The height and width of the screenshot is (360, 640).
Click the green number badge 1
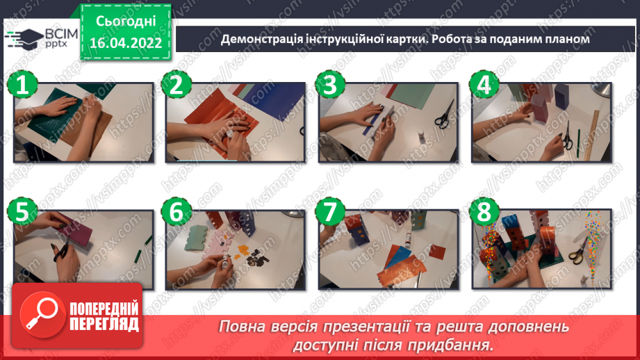pyautogui.click(x=22, y=86)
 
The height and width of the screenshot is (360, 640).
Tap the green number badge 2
pyautogui.click(x=176, y=86)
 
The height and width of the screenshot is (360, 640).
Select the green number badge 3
pyautogui.click(x=329, y=86)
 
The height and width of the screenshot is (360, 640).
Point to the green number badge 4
pyautogui.click(x=482, y=86)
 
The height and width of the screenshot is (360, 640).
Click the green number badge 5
pyautogui.click(x=22, y=211)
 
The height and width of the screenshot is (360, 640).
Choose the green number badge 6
pyautogui.click(x=176, y=211)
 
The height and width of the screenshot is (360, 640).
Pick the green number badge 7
pyautogui.click(x=329, y=211)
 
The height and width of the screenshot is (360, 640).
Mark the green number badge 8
pyautogui.click(x=482, y=211)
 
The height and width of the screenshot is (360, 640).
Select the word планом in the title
pyautogui.click(x=566, y=40)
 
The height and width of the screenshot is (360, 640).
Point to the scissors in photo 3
pyautogui.click(x=443, y=114)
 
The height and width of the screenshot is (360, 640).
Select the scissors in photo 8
pyautogui.click(x=577, y=254)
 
